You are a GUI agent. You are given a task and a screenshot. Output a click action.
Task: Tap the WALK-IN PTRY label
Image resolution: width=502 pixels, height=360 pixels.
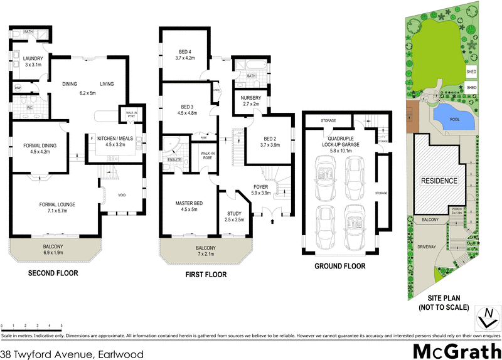[132, 114]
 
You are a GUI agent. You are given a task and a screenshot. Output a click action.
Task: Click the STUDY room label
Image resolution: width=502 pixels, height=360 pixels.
[235, 214]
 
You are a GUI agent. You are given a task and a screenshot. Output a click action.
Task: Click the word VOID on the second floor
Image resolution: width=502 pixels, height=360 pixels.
[122, 196]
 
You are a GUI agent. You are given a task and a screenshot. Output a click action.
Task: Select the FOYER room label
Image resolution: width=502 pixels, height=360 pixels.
[260, 187]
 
